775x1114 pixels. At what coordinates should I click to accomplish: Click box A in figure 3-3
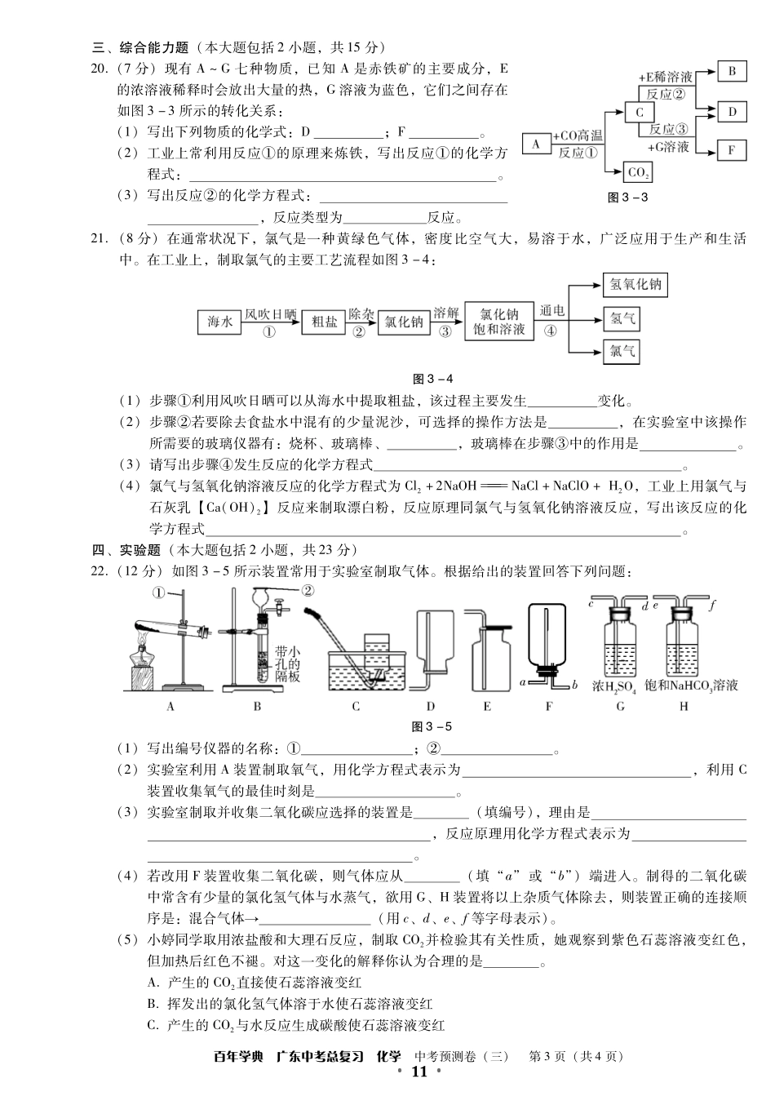(x=536, y=144)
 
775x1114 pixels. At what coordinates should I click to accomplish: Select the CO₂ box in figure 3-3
(x=639, y=172)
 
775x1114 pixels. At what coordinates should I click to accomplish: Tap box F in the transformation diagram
(x=732, y=150)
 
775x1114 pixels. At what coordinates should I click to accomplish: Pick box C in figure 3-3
(x=640, y=113)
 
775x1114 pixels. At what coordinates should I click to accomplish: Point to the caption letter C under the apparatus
(x=356, y=707)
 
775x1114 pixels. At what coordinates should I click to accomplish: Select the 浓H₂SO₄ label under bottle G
(x=614, y=686)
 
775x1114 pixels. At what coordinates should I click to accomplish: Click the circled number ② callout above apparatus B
(x=308, y=591)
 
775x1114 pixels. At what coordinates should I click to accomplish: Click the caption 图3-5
(x=432, y=726)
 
